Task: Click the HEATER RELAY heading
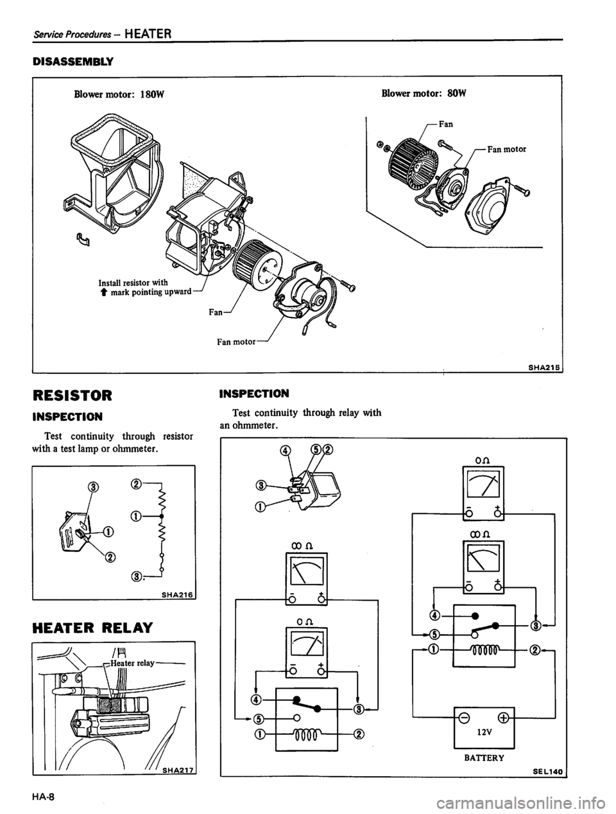(92, 628)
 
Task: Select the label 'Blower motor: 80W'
(424, 93)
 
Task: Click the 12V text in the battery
(483, 732)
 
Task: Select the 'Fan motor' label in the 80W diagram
(506, 149)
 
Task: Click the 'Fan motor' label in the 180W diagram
(236, 342)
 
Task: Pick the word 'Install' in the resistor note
(109, 283)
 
